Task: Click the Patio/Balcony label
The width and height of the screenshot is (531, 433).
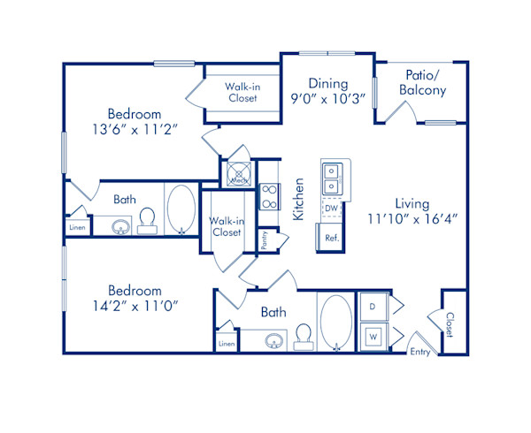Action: click(421, 83)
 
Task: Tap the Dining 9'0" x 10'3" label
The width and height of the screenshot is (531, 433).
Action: click(327, 92)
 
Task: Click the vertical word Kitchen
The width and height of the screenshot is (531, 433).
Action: click(299, 198)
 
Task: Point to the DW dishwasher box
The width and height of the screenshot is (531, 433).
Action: click(330, 209)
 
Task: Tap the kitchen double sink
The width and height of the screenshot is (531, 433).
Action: click(331, 179)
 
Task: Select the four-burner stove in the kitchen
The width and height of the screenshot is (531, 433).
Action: click(269, 196)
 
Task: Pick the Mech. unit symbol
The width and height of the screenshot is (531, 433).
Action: click(237, 172)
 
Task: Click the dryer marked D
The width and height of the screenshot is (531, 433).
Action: click(373, 307)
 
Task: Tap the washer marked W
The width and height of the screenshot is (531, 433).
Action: click(373, 336)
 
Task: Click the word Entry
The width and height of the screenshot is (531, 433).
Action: click(420, 352)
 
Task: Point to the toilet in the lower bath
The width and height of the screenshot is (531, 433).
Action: click(304, 335)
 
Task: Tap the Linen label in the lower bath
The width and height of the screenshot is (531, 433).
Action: click(227, 344)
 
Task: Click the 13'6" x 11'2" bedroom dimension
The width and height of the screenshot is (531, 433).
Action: click(135, 129)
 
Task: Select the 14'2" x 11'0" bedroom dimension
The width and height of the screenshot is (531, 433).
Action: click(135, 306)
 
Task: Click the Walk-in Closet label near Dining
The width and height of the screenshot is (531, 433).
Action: click(241, 92)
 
